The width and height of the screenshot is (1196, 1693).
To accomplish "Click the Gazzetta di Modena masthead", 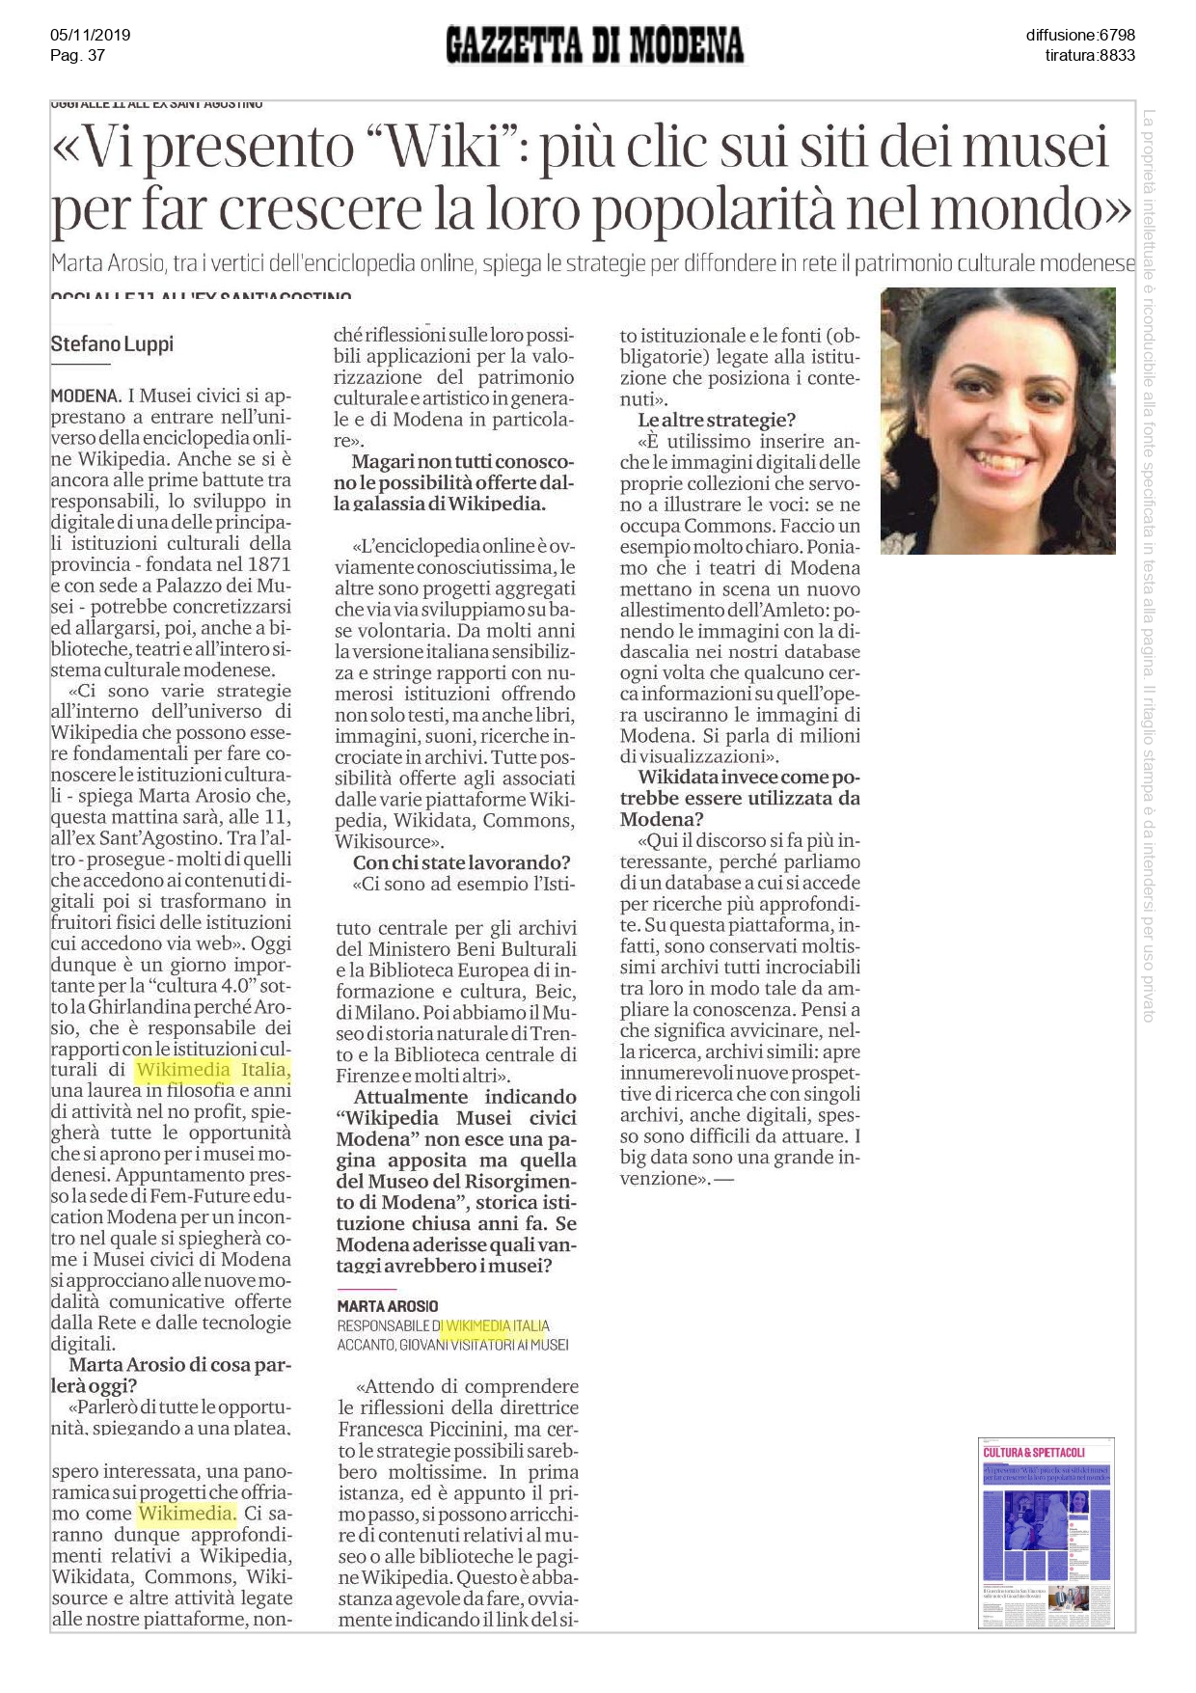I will [x=595, y=45].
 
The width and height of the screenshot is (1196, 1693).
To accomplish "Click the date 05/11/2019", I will [x=90, y=35].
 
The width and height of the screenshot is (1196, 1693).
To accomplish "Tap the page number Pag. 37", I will [x=77, y=55].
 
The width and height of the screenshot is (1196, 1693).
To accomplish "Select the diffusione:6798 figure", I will [x=1080, y=35].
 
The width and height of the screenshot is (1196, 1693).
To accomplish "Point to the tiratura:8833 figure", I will [x=1090, y=55].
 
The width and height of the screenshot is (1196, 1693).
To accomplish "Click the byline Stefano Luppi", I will [x=112, y=343].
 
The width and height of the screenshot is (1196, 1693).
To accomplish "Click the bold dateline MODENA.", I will [x=85, y=396].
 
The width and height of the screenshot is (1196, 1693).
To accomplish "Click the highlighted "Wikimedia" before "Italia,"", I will [x=183, y=1069].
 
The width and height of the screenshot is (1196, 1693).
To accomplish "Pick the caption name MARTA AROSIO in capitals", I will [x=387, y=1305].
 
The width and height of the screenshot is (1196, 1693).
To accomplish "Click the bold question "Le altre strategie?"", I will [x=717, y=420].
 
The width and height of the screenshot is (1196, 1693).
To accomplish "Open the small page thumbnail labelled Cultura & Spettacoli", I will [x=1046, y=1532].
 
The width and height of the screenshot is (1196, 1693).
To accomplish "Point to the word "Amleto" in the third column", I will [x=797, y=610].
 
